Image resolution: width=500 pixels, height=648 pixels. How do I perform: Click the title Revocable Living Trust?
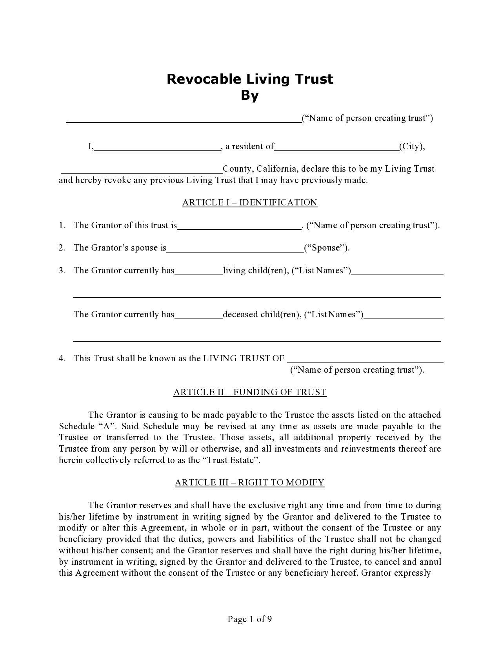point(250,79)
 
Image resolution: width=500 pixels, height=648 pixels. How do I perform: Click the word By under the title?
point(250,95)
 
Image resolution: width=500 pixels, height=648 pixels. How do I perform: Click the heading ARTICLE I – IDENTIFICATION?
point(250,203)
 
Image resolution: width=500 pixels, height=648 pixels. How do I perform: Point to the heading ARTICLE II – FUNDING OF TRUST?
point(250,392)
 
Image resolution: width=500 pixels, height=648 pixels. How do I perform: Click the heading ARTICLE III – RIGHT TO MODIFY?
point(250,483)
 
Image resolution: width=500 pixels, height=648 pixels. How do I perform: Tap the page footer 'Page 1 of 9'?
point(250,619)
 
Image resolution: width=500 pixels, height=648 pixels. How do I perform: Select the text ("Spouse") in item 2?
point(327,248)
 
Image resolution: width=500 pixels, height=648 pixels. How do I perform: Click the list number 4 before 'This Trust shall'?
point(61,358)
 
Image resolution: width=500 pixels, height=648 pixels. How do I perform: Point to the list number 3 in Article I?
point(61,271)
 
